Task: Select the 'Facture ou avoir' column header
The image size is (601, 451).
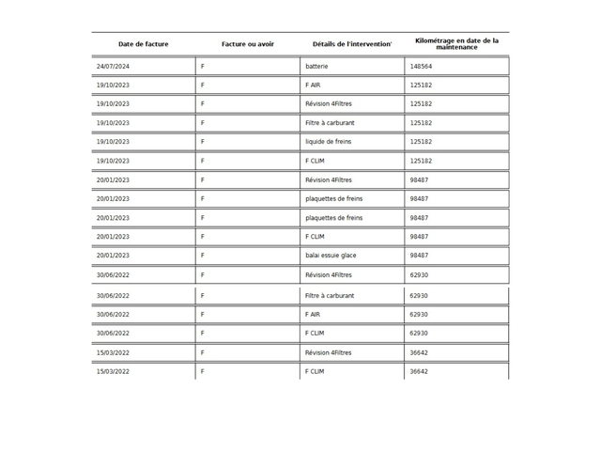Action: [248, 44]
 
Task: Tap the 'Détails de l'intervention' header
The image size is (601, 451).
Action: [352, 44]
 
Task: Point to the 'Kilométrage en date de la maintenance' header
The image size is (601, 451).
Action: [457, 44]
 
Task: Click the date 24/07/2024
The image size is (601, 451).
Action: [113, 67]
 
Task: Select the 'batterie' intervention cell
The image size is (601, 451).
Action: [317, 67]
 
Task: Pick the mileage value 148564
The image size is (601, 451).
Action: [421, 67]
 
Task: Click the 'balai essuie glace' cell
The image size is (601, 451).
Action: [331, 256]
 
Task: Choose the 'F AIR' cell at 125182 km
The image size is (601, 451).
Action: [313, 86]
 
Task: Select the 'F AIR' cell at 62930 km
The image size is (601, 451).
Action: [313, 315]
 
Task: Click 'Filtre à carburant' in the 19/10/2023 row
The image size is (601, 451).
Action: [330, 123]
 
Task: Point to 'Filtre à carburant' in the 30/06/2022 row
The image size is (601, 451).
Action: [330, 296]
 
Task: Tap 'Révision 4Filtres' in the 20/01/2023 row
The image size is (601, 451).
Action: [329, 179]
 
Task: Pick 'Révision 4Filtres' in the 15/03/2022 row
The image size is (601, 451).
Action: [329, 352]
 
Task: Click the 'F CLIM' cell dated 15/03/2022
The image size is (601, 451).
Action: [315, 371]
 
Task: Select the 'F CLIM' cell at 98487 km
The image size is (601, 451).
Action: [315, 237]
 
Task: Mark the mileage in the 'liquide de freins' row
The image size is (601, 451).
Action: [421, 142]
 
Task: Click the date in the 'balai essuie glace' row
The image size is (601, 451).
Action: [113, 256]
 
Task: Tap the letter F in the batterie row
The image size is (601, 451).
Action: [203, 67]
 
